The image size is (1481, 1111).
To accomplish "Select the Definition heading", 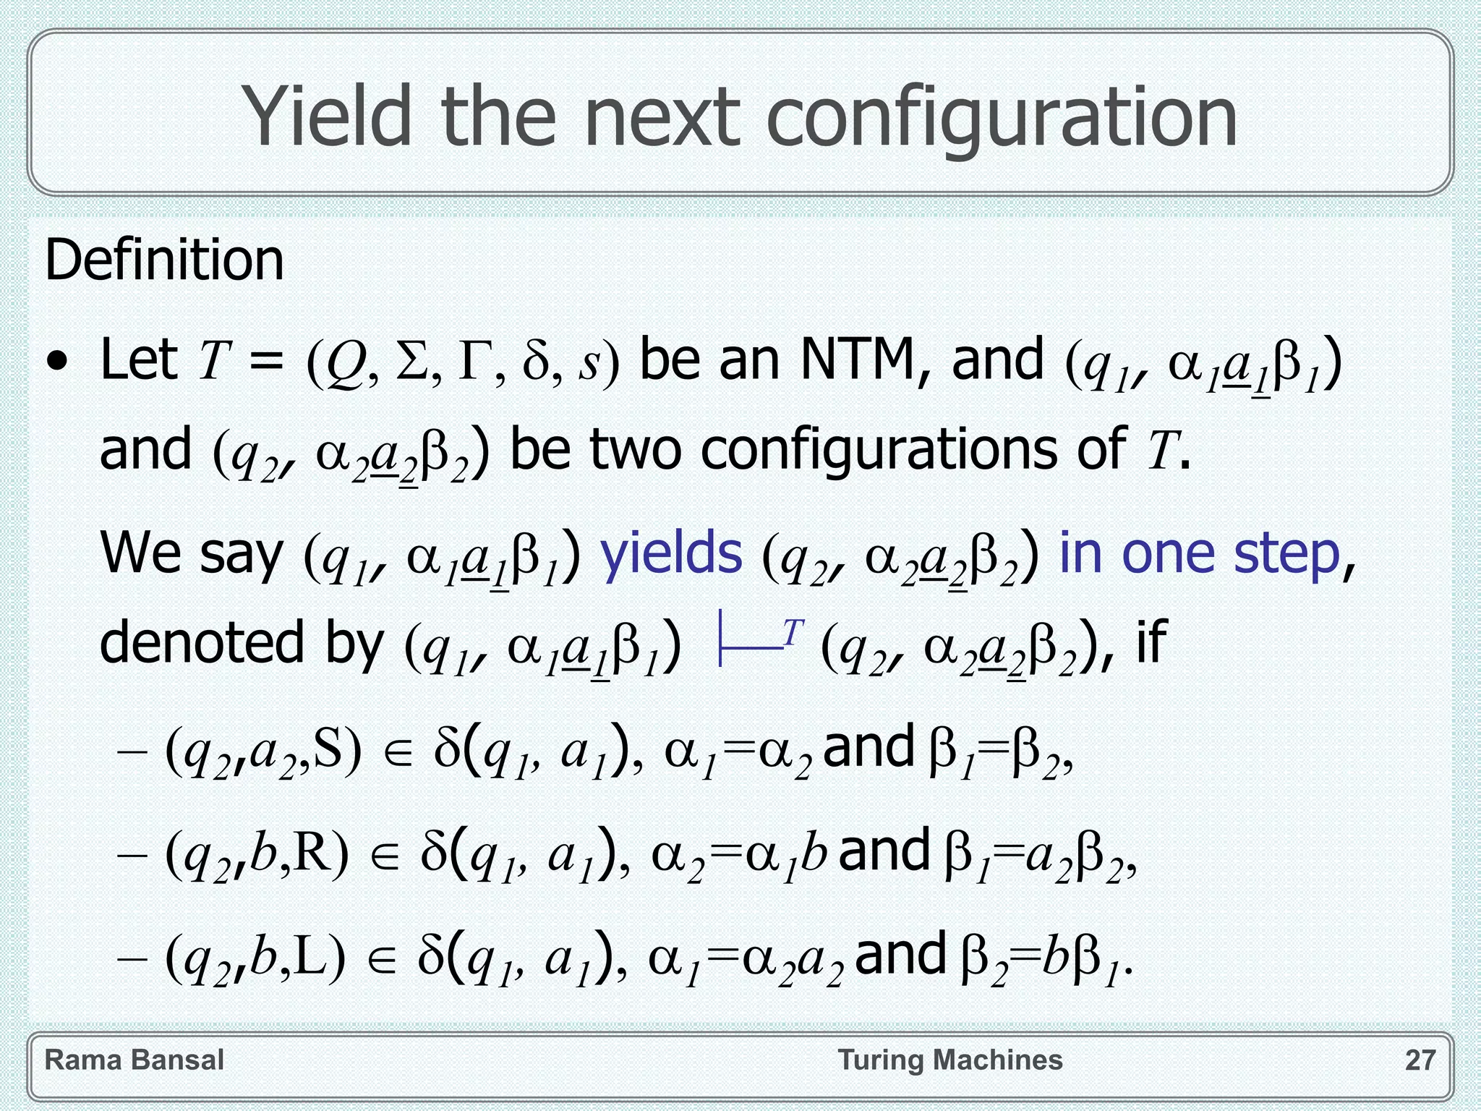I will [x=164, y=260].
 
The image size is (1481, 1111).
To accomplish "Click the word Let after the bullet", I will [x=139, y=359].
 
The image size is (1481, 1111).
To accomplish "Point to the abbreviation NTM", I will [x=858, y=359].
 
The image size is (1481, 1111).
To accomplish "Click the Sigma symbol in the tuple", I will [x=411, y=361].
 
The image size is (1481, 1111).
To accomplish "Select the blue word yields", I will [x=671, y=553].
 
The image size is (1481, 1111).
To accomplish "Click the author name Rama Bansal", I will [x=134, y=1060].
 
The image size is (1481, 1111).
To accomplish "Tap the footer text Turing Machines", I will [x=950, y=1060].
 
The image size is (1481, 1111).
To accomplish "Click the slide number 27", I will [x=1420, y=1060].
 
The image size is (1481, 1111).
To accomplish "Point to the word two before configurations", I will [x=635, y=451].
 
